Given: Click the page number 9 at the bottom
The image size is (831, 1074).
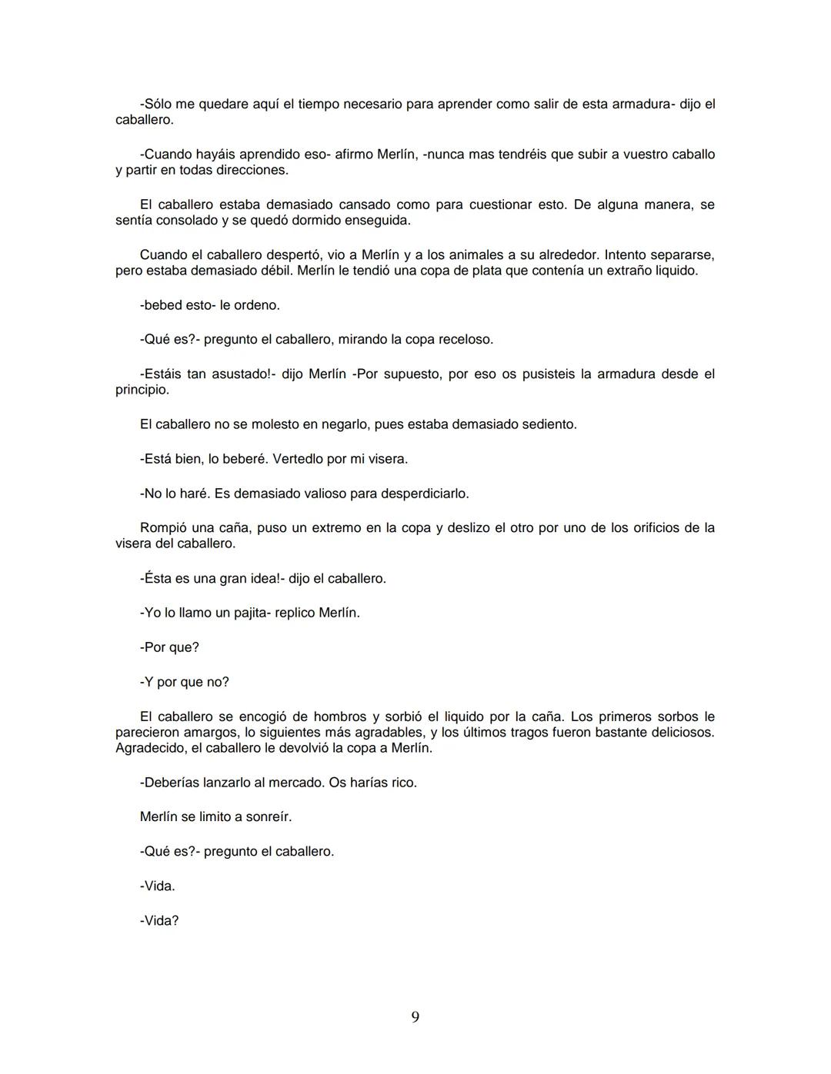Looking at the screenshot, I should (415, 1017).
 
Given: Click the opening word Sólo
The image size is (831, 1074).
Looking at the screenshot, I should (159, 104).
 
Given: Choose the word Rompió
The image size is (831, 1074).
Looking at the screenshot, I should (162, 528).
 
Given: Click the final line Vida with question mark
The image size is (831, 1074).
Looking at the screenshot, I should (159, 920).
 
